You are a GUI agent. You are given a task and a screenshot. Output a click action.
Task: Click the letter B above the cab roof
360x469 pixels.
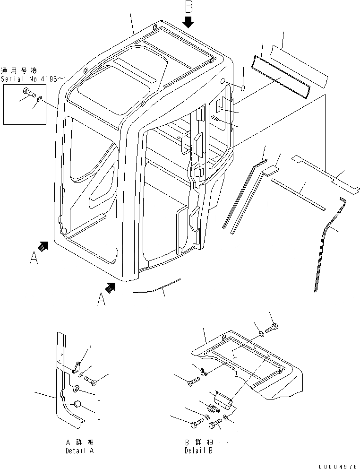[x=189, y=8]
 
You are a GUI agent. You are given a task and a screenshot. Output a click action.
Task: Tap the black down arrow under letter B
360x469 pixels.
[x=189, y=22]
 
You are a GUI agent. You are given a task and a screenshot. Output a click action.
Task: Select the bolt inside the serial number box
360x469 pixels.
[x=28, y=94]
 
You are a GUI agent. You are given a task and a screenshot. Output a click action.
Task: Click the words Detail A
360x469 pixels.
[x=79, y=451]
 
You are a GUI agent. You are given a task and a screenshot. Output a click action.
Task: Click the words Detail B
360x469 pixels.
[x=198, y=451]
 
